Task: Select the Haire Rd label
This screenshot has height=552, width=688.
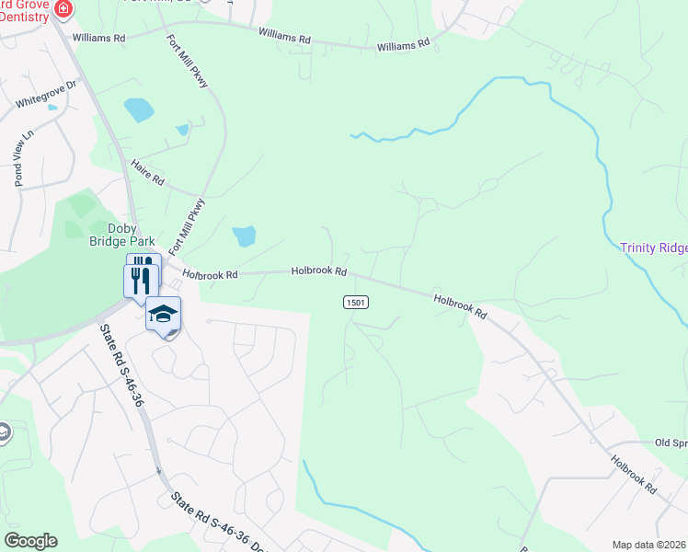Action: click(x=147, y=171)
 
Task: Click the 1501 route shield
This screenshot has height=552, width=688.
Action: click(x=356, y=302)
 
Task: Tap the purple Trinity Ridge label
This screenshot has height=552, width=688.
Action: click(x=653, y=247)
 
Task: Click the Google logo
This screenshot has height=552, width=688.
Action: click(x=30, y=541)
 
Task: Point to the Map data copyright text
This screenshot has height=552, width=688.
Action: click(x=648, y=545)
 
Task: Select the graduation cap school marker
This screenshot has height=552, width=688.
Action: click(x=164, y=315)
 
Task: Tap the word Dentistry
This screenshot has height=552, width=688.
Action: click(x=29, y=16)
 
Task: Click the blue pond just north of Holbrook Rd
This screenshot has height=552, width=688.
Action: click(x=245, y=236)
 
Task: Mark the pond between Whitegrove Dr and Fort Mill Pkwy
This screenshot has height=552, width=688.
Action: click(x=140, y=110)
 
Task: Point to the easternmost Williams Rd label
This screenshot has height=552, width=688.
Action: click(x=403, y=44)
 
